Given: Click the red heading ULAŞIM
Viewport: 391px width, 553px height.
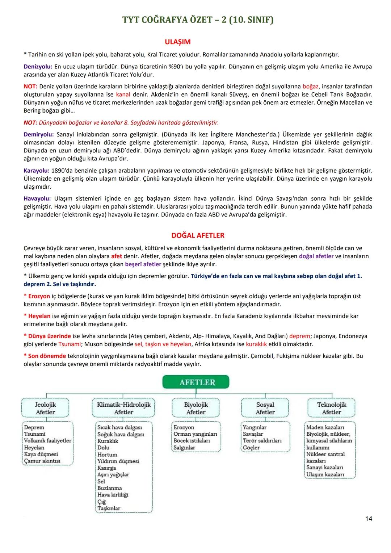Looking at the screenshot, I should click(177, 42).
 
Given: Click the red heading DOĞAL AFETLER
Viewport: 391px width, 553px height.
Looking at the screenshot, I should click(198, 235).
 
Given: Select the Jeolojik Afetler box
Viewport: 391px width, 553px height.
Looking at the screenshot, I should click(45, 408).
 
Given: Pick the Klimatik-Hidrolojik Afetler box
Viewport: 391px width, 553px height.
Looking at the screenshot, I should click(124, 408).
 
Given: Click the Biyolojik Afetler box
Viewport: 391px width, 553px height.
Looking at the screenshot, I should click(196, 408).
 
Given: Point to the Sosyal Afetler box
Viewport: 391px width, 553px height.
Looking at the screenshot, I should click(265, 408).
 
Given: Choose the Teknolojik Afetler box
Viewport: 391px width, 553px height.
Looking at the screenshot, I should click(331, 408).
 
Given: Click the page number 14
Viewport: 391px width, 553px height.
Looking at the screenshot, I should click(368, 519).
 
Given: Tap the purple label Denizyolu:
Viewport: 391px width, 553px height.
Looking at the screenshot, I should click(38, 67).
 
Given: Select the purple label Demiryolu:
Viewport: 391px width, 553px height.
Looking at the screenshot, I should click(39, 134).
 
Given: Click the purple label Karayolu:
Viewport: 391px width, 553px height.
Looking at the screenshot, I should click(36, 171).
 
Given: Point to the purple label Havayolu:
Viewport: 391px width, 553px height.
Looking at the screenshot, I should click(38, 198).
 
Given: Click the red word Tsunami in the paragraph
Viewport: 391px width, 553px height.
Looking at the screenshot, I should click(69, 344).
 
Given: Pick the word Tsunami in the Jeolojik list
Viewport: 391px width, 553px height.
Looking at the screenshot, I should click(35, 434).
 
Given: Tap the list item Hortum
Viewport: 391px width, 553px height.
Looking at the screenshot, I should click(107, 454).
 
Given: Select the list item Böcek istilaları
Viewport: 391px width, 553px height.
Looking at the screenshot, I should click(192, 441).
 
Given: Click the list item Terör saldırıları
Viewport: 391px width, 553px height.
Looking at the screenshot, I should click(262, 441).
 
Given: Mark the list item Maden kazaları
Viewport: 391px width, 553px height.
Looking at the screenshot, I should click(325, 427).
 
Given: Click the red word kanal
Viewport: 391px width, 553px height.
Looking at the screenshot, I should click(123, 95).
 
